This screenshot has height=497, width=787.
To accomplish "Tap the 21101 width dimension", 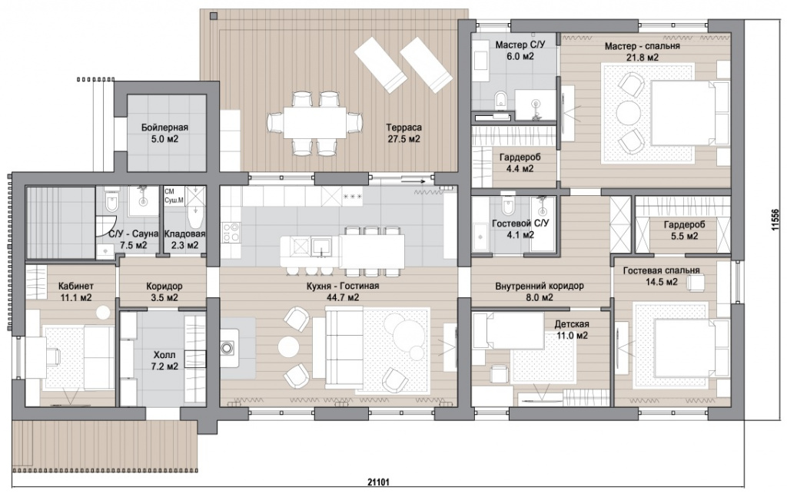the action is point(379,482).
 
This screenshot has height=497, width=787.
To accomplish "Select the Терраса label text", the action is point(404,128).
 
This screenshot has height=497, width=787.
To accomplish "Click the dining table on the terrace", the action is point(314,122).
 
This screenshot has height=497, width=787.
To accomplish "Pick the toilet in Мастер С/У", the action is point(500,100).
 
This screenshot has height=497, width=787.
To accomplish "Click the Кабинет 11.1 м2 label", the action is point(76,292).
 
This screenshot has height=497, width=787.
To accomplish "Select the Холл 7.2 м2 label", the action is point(166,360).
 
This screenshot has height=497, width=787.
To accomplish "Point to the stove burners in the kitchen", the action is point(231,234).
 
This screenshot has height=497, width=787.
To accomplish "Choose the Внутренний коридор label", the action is point(539,286).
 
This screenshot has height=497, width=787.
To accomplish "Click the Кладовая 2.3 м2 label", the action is point(184,239).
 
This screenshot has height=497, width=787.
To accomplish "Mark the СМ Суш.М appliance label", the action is point(174,196).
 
